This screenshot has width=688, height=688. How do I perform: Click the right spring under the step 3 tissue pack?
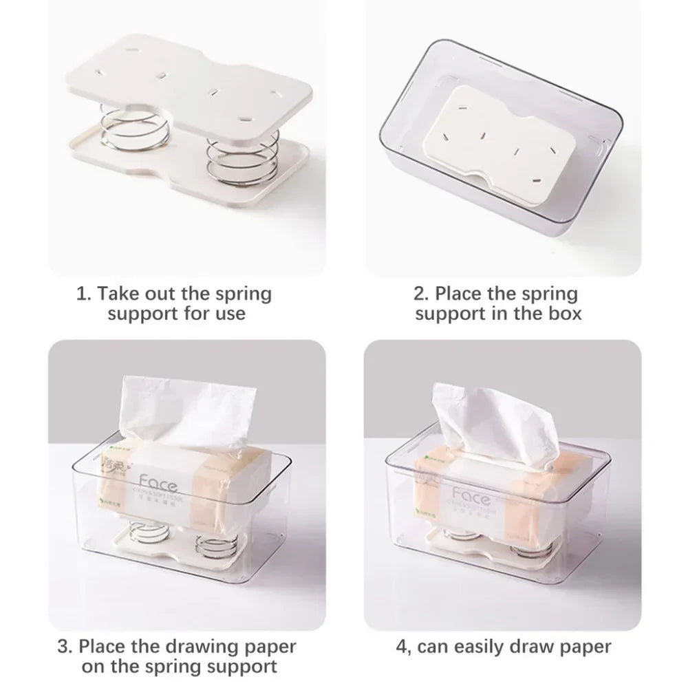[x=215, y=545]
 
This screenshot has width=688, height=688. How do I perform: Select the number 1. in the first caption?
[x=83, y=294]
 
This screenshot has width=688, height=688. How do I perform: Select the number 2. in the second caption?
[x=420, y=294]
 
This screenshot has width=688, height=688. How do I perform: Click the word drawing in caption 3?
[x=201, y=647]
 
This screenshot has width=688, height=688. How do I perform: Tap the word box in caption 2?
[x=565, y=314]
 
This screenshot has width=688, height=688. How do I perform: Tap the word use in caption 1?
[x=230, y=314]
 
